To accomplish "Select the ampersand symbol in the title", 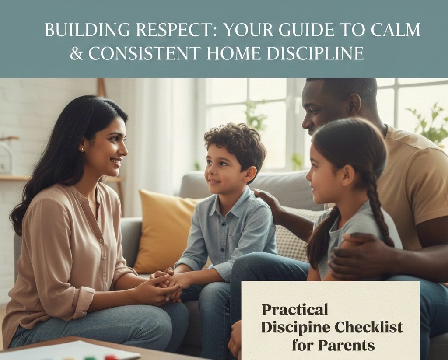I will (x=77, y=53).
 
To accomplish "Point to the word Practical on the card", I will (x=294, y=310).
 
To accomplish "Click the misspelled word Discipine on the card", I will (x=294, y=327).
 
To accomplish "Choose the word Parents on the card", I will (x=346, y=345).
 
